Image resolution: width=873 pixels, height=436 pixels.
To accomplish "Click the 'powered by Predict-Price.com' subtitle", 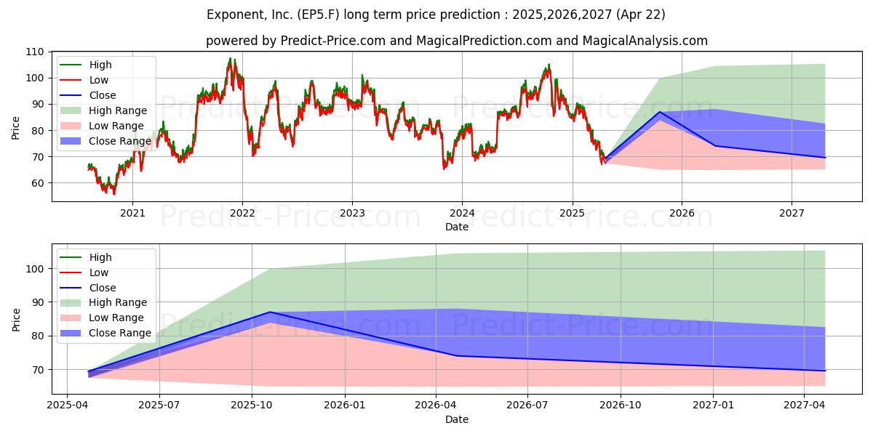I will [456, 41].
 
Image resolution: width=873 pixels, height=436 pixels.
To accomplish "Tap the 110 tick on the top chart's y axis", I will [33, 52].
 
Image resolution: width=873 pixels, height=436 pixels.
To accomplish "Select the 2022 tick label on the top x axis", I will [242, 213].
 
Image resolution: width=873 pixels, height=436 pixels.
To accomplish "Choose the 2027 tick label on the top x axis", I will [792, 213].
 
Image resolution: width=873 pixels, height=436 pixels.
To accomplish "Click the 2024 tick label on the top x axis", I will [462, 213].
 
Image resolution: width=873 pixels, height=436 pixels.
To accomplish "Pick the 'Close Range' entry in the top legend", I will [120, 141].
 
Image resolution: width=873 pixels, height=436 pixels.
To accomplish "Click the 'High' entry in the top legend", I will [100, 65].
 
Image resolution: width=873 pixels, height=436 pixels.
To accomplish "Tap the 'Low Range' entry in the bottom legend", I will [117, 318].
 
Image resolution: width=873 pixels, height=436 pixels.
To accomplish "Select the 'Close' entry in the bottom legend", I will [103, 288].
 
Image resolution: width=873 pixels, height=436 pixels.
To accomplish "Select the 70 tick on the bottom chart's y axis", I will [36, 370].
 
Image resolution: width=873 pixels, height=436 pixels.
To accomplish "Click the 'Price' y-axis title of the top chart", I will [16, 128].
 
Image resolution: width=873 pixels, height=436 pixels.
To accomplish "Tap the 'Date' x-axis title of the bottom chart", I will [456, 419].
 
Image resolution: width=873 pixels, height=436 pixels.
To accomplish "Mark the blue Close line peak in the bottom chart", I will [270, 312].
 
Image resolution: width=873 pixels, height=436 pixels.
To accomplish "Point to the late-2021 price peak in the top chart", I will [231, 59].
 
